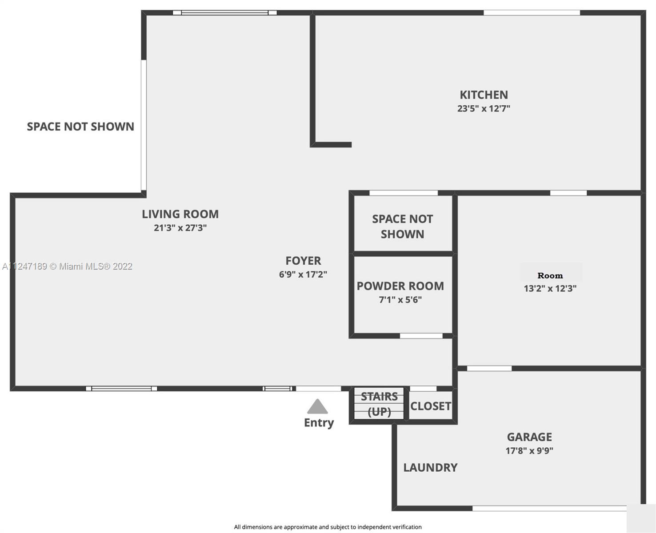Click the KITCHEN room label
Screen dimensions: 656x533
click(484, 95)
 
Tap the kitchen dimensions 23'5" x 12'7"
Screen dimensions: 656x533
click(484, 109)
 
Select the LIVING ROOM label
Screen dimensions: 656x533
click(180, 214)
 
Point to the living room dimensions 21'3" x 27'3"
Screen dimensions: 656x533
click(180, 228)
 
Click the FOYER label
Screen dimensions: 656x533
click(303, 261)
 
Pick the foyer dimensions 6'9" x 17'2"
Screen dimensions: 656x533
click(303, 274)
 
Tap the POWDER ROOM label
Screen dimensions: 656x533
click(400, 286)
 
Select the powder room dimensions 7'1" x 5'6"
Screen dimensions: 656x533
click(400, 300)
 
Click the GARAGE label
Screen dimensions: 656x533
click(529, 437)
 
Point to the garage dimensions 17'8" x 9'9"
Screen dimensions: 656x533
click(529, 451)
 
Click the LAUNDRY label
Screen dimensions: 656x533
click(430, 468)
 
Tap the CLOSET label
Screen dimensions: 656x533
click(431, 406)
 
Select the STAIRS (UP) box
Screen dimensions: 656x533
click(379, 404)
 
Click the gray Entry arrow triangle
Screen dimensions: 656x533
click(317, 407)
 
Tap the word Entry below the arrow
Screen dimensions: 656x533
click(319, 423)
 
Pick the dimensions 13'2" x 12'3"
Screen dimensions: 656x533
click(550, 289)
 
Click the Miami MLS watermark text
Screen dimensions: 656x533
click(67, 266)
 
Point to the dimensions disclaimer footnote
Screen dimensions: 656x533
click(328, 527)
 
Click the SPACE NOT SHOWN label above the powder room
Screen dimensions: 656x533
click(402, 227)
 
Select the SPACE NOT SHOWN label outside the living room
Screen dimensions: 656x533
click(80, 127)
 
